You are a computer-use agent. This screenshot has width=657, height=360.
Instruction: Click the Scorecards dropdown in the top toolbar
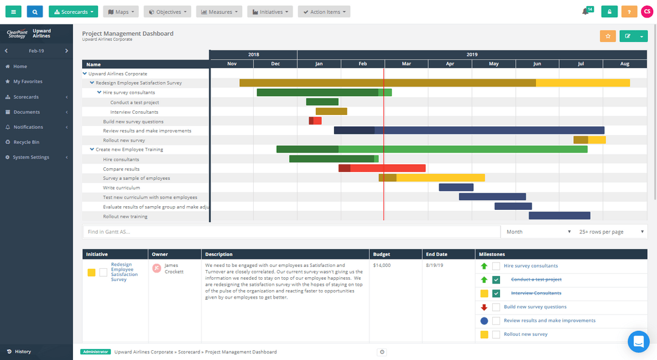pos(73,12)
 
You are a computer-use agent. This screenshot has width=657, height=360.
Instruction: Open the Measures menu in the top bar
pos(219,12)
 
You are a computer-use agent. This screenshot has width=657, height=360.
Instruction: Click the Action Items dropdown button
pos(324,12)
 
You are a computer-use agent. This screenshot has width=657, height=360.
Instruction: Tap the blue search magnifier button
pos(35,12)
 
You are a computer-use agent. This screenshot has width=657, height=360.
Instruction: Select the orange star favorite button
pos(608,36)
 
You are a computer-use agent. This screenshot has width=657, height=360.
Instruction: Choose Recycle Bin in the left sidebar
pos(26,142)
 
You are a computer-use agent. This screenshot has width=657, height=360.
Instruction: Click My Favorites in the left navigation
pos(27,81)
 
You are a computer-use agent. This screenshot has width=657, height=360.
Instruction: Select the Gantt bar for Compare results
pos(382,168)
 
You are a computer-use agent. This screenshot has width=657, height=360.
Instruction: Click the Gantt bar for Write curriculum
pos(456,187)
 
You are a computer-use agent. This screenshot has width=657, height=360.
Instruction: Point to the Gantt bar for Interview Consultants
pos(331,111)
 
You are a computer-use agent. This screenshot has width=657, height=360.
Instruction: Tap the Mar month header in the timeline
pos(406,64)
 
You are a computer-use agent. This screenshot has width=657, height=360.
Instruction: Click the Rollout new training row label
pos(125,216)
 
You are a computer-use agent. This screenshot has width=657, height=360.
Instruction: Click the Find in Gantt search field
pos(291,232)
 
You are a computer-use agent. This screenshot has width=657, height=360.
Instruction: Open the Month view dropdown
pos(538,232)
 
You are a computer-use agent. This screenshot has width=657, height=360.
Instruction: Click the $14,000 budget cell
pos(382,266)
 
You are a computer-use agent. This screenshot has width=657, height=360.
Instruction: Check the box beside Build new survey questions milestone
pos(496,307)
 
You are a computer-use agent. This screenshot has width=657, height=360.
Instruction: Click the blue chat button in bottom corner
pos(639,342)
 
